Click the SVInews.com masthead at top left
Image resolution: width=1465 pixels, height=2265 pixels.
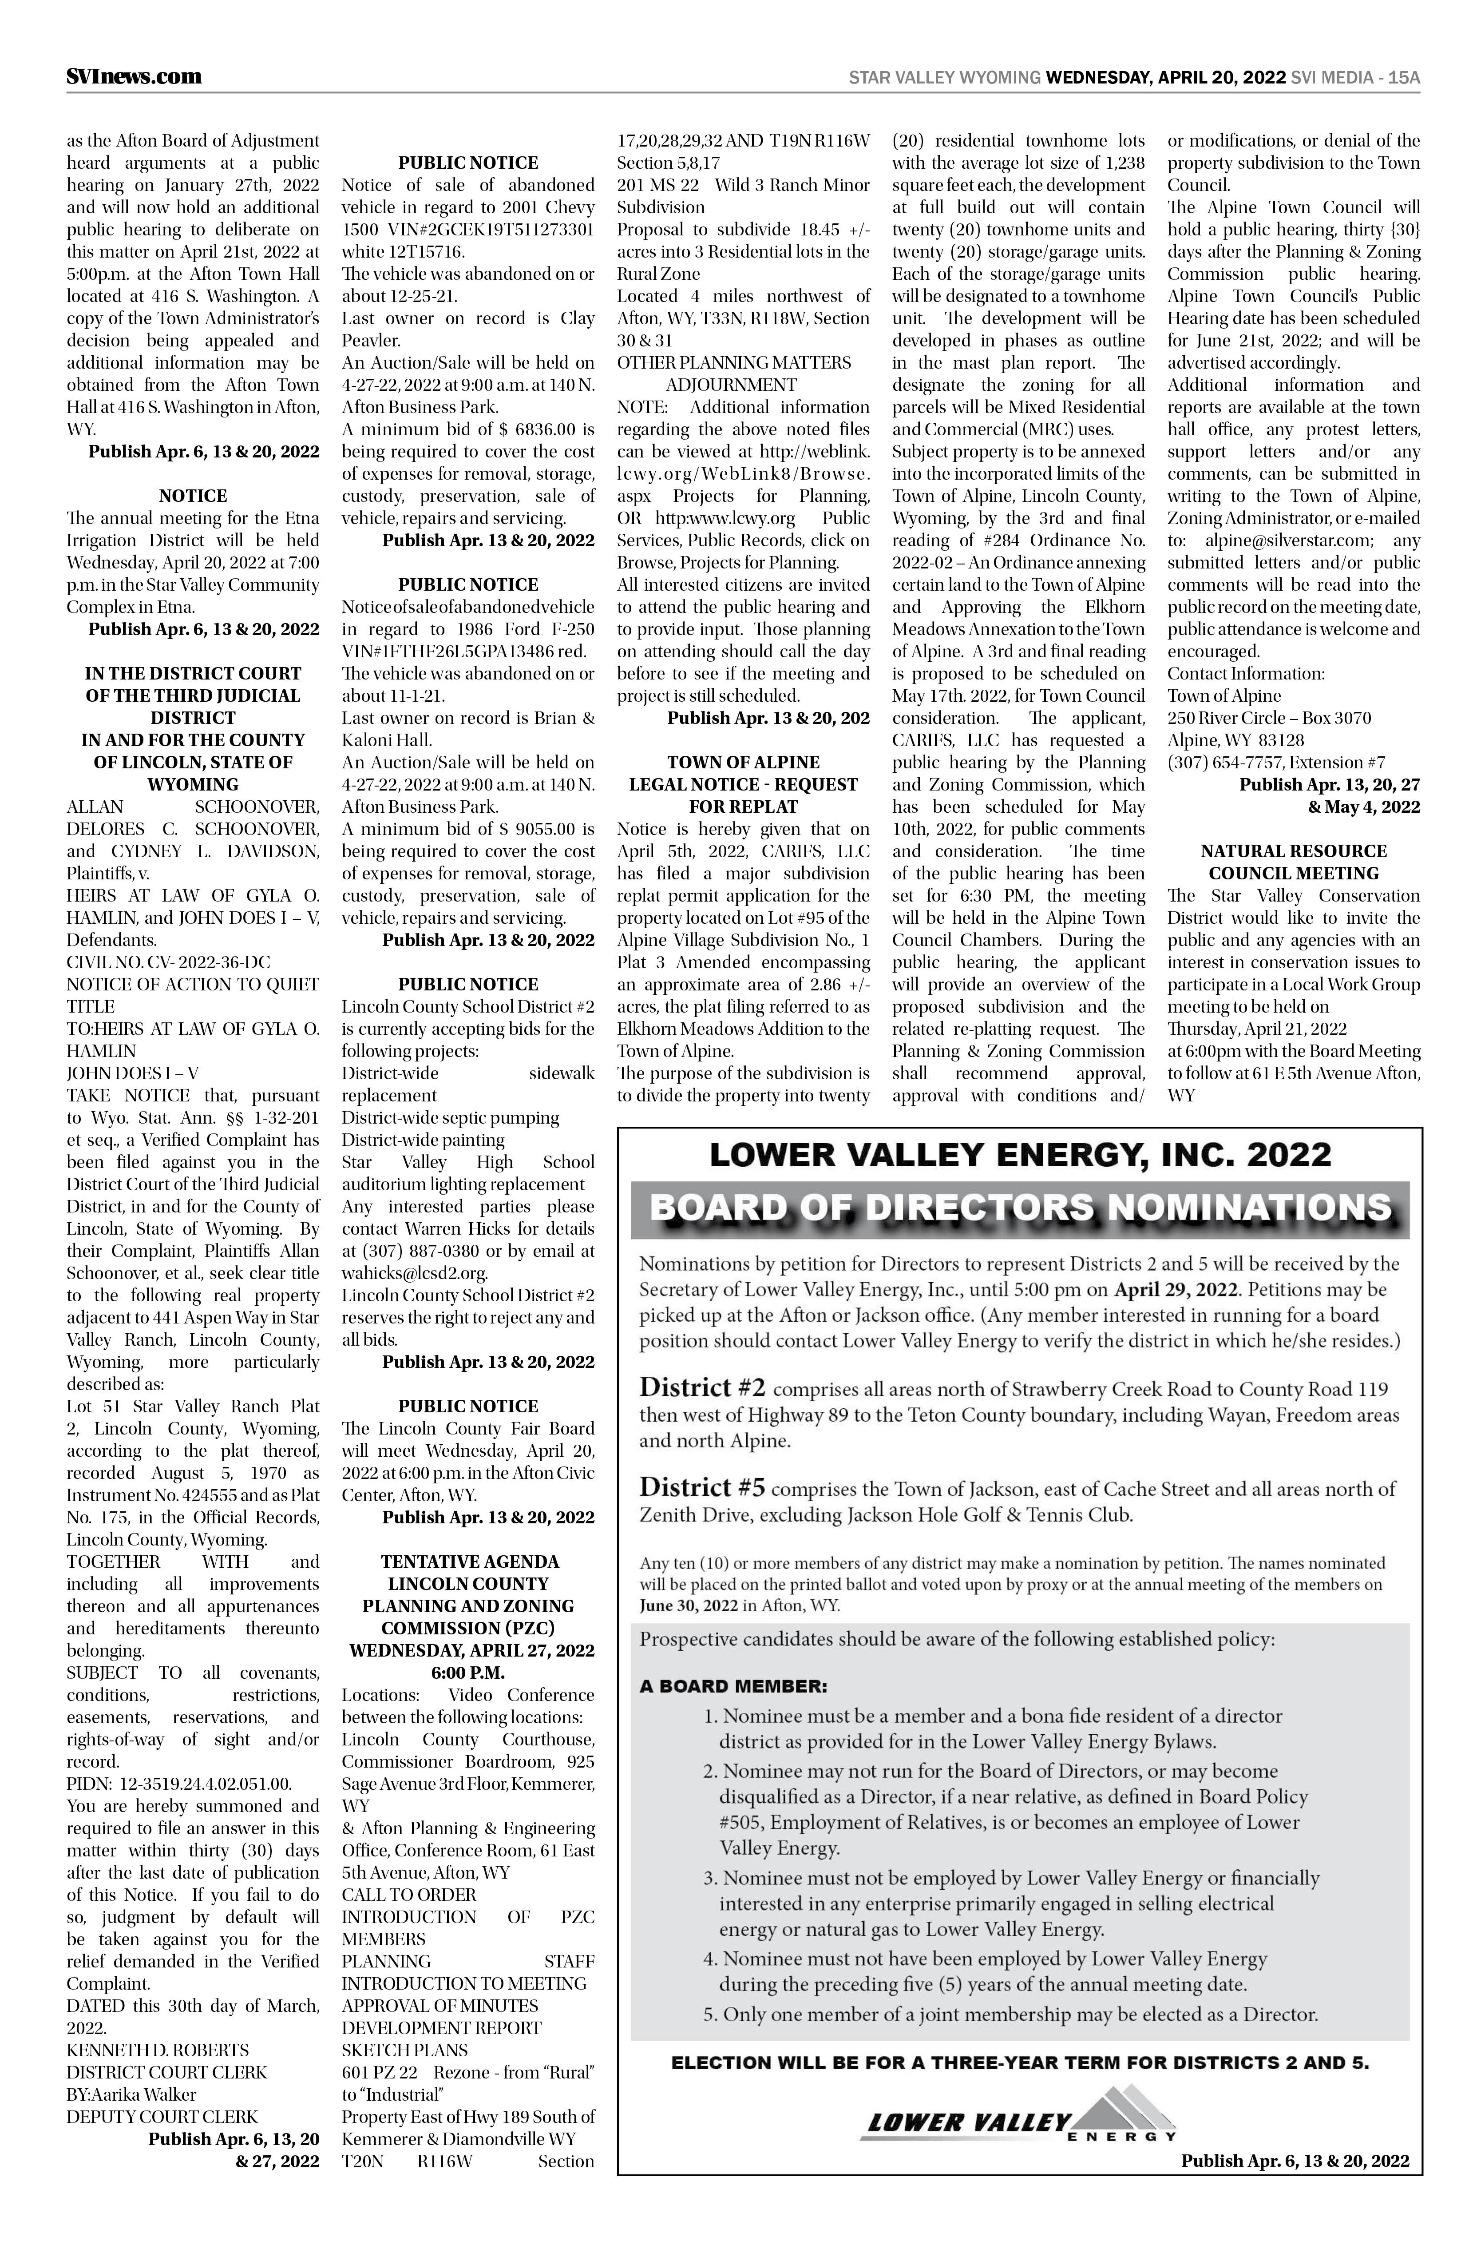[134, 76]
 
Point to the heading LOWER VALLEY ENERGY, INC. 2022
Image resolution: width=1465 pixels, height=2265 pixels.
[1020, 1155]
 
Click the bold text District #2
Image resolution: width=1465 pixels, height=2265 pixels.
[702, 1388]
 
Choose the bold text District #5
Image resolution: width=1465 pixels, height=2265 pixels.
[702, 1487]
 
